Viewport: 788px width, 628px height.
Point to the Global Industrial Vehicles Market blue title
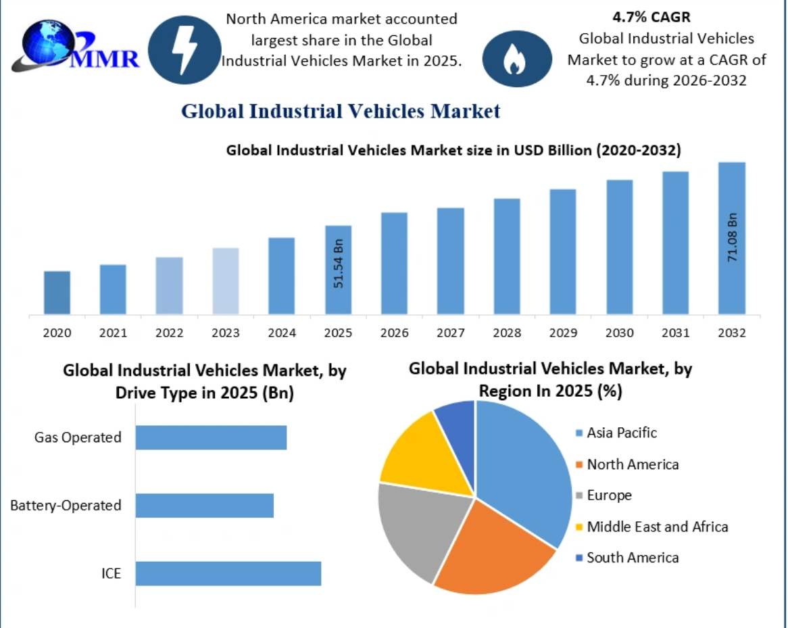[341, 111]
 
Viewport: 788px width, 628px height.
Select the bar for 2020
[57, 292]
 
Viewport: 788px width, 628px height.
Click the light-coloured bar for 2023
[225, 281]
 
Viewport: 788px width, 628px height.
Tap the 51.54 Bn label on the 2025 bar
[339, 263]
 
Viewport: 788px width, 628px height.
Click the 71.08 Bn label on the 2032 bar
[733, 238]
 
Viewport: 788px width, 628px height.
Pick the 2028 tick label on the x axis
[507, 333]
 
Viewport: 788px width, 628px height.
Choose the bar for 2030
[619, 247]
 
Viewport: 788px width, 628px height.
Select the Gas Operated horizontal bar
[211, 437]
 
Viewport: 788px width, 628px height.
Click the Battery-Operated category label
[66, 505]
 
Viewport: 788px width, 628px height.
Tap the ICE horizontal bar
[228, 573]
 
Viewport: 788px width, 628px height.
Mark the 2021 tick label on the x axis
[113, 333]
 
